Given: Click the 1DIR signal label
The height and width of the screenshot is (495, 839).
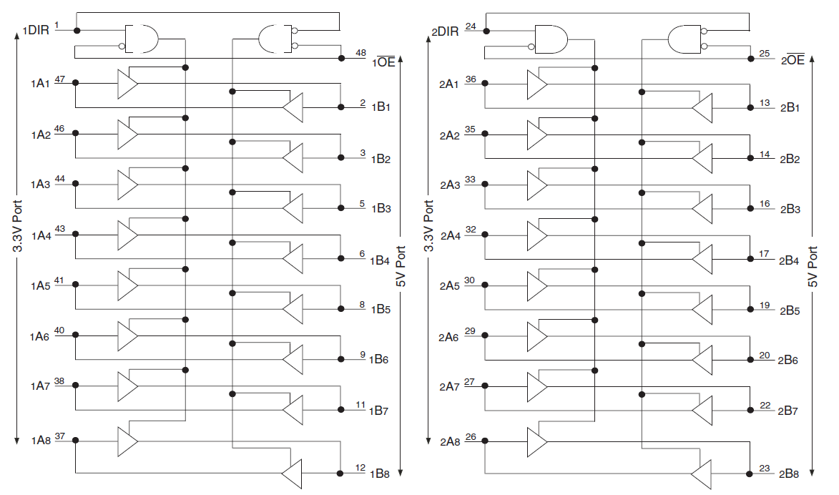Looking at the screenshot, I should click(36, 31).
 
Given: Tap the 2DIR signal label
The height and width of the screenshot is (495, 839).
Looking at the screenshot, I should click(445, 32).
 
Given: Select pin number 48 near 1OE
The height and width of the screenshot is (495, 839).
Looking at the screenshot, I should click(361, 53).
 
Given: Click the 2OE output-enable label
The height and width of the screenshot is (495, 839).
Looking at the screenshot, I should click(793, 61).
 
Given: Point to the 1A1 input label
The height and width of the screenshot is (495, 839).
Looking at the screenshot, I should click(40, 84).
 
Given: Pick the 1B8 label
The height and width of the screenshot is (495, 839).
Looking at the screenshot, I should click(380, 474).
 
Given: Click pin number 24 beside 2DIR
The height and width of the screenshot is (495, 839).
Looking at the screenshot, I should click(470, 26).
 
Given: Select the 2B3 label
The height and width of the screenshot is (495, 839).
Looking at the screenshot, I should click(790, 210).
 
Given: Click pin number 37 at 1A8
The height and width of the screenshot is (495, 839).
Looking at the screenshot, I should click(59, 436).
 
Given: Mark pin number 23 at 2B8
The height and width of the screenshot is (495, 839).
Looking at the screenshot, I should click(765, 469).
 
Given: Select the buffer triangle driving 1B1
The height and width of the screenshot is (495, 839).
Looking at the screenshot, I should click(293, 108).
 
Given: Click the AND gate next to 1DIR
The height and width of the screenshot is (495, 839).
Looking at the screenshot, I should click(142, 39).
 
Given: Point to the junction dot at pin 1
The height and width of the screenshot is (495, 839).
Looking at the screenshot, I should click(77, 30).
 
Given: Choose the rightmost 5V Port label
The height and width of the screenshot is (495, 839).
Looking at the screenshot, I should click(813, 267).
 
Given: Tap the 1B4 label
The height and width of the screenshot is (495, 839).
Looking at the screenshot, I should click(380, 260).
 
